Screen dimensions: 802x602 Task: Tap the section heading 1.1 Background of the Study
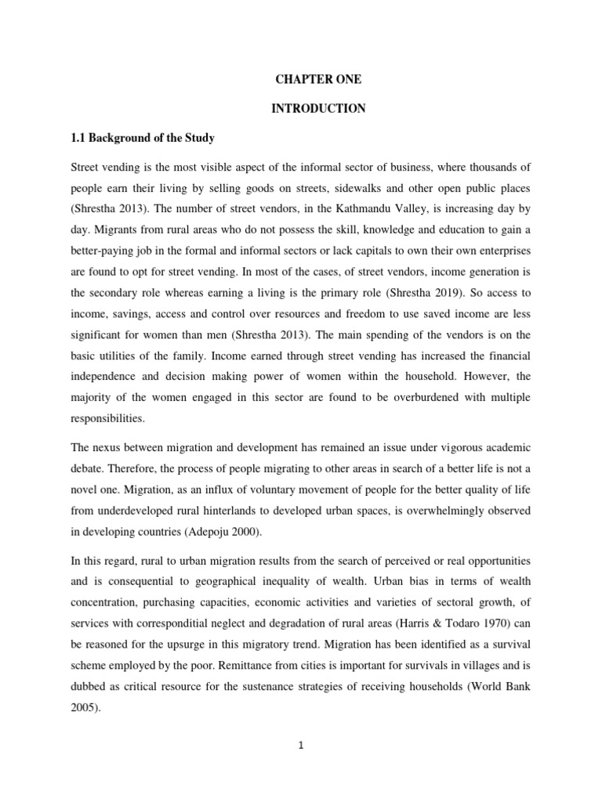[143, 138]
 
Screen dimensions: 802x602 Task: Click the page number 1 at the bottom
[300, 746]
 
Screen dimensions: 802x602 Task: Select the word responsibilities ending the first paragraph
[109, 419]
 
